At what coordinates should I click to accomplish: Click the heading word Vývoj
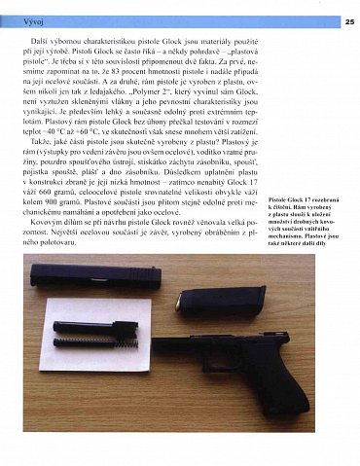point(18,19)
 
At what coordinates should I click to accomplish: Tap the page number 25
point(349,19)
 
